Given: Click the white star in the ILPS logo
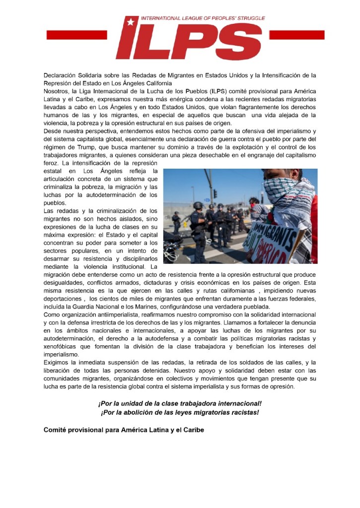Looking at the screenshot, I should (131, 21).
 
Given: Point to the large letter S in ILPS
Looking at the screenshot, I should (240, 42).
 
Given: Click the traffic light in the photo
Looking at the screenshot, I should (215, 193).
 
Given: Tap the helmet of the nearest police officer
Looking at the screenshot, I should (198, 205).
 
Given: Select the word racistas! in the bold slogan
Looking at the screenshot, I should (243, 412).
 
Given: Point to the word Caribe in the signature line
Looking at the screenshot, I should (192, 430).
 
